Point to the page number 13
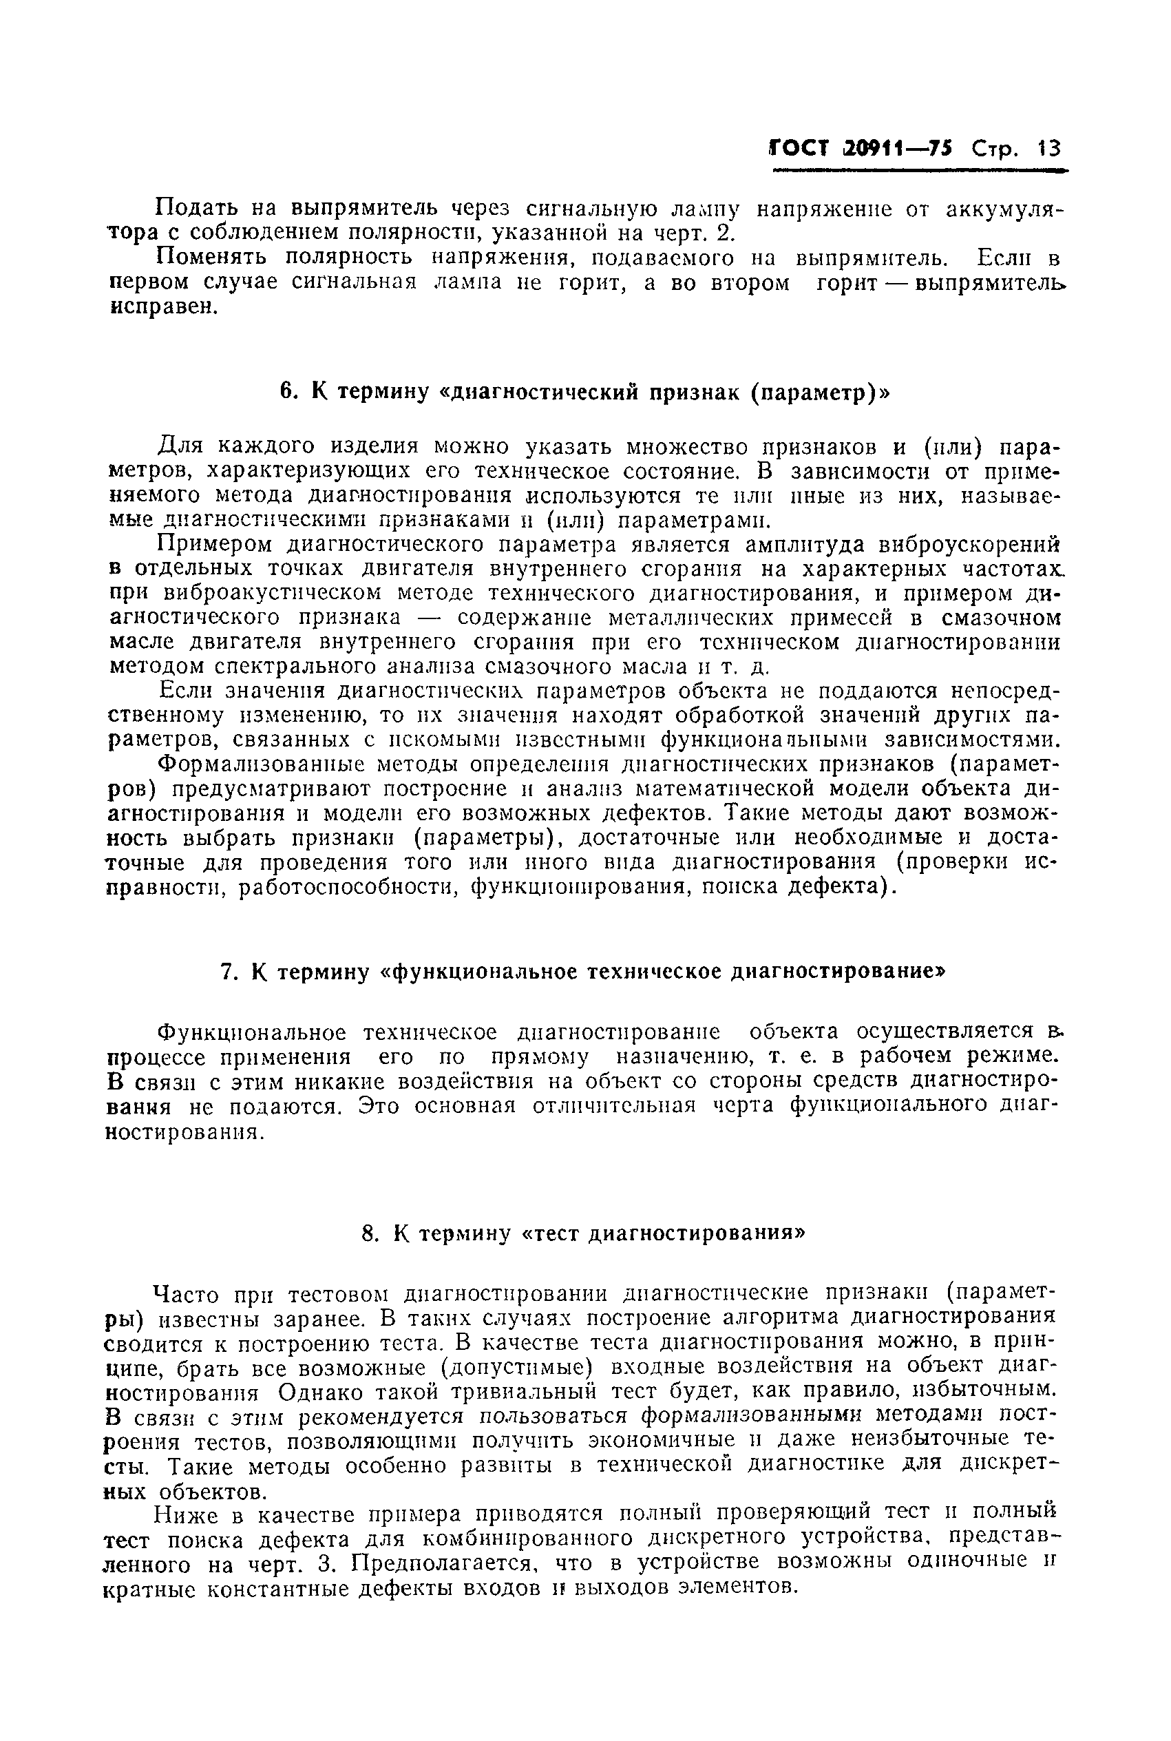pos(1049,149)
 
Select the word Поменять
pos(211,258)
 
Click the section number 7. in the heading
pos(230,972)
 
